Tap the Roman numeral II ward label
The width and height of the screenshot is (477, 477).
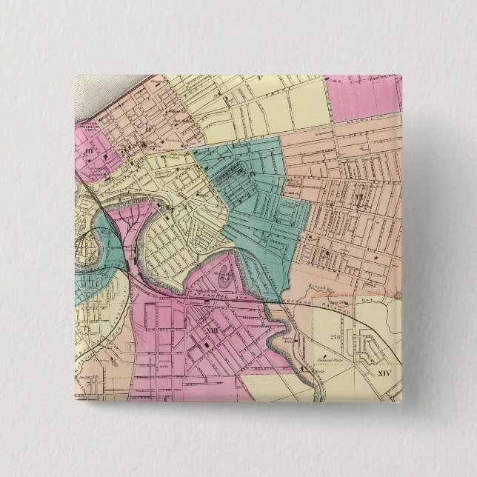[147, 129]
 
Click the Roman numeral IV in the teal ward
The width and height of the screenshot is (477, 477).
[253, 175]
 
